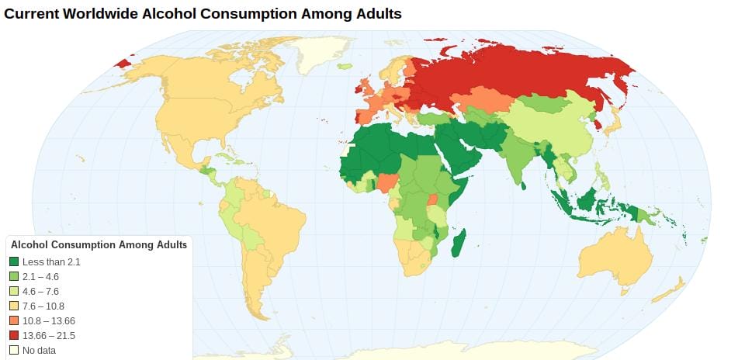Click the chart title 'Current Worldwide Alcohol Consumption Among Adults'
203,14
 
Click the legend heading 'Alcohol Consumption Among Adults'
99,244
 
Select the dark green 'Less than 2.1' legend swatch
14,262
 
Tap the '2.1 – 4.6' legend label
40,276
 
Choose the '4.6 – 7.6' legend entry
40,291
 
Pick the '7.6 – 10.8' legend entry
43,306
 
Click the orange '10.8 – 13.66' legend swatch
14,320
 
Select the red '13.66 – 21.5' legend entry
48,335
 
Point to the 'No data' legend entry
39,350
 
